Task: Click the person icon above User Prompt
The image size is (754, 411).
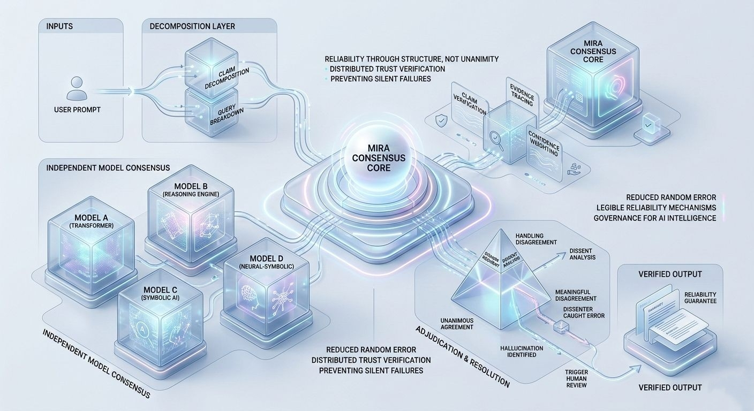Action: coord(77,88)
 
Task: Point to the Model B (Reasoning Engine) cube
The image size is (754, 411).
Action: coord(190,215)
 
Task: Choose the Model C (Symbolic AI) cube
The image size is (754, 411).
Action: coord(155,316)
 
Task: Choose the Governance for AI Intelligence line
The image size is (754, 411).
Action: coord(654,218)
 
